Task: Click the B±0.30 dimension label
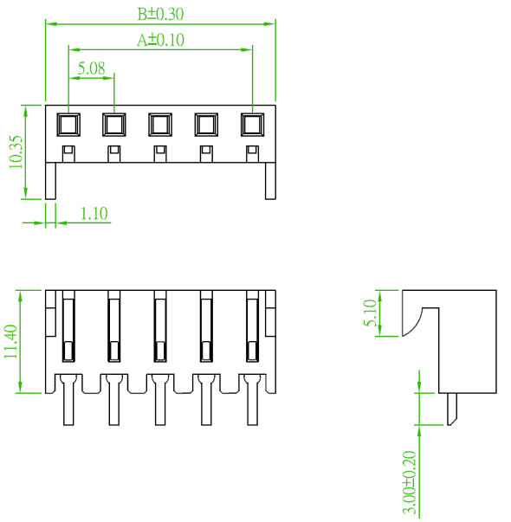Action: coord(160,14)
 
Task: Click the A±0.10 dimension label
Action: coord(160,40)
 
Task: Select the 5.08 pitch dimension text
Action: coord(92,68)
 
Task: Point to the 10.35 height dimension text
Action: coord(16,151)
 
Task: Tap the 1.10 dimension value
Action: coord(94,214)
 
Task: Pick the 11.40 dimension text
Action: coord(10,342)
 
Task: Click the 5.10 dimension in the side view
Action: coord(370,313)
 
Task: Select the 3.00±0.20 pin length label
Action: coord(410,483)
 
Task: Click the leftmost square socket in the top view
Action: coord(68,125)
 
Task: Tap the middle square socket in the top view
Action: coord(160,125)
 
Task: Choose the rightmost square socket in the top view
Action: coord(253,125)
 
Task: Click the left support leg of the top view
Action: coord(50,181)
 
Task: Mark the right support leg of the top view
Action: coord(270,181)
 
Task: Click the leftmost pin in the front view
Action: coord(68,399)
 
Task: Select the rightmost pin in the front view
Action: coord(253,399)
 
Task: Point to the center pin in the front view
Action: coord(160,399)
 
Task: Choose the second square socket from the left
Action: coord(114,125)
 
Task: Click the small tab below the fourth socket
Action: coord(206,154)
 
